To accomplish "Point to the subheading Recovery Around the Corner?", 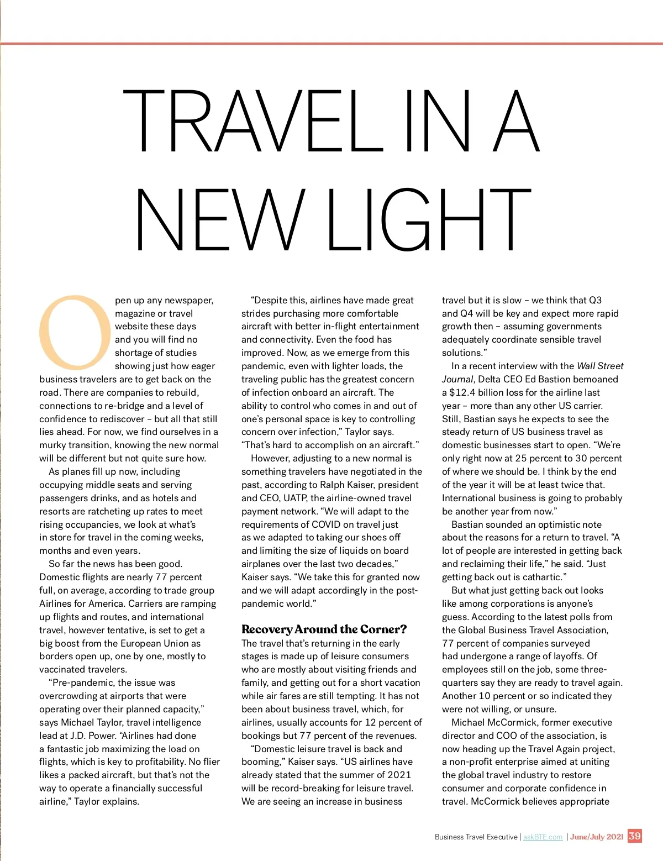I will (324, 629).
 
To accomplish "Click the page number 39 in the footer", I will (635, 836).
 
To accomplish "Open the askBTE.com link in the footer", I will (543, 837).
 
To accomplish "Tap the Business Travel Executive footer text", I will (476, 837).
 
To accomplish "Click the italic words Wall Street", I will (600, 366).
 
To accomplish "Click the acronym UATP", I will (295, 498).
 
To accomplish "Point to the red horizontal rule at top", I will (331, 43).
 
